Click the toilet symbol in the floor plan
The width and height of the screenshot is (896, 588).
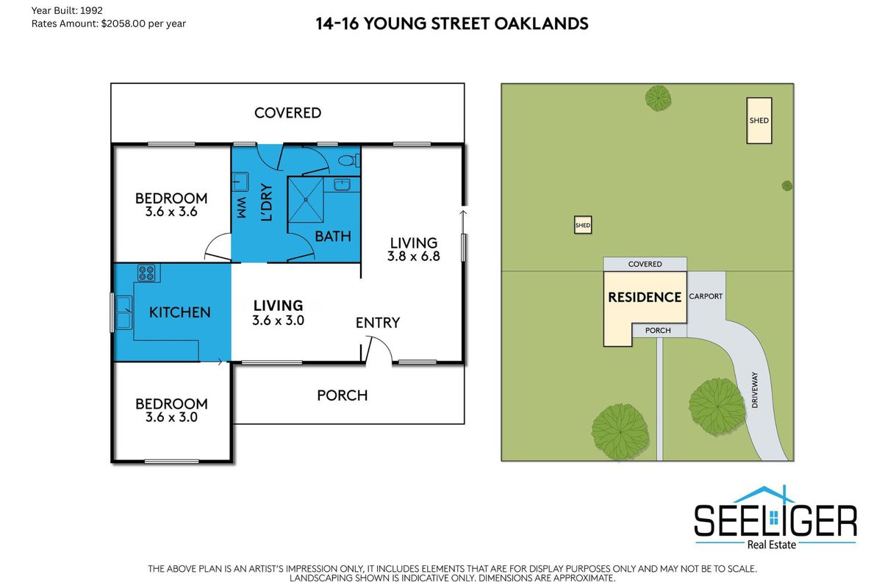tap(349, 161)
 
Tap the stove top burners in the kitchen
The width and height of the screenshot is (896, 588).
tap(146, 273)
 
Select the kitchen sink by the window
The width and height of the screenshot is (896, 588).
tap(123, 312)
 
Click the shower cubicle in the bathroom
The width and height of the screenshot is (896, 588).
tap(306, 200)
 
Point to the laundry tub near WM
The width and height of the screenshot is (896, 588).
tap(240, 182)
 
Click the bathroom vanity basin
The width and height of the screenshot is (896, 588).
tap(342, 184)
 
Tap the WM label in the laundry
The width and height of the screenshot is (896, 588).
tap(242, 208)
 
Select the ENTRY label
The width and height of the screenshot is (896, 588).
tap(378, 323)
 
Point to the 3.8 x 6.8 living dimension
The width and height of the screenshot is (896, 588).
tap(414, 257)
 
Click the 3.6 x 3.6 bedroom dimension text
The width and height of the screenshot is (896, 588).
tap(171, 212)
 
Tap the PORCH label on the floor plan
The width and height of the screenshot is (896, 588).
tap(343, 395)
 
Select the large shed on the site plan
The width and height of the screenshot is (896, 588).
tap(759, 121)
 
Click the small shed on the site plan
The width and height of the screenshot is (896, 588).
tap(583, 225)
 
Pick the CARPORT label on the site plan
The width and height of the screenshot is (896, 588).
tap(706, 296)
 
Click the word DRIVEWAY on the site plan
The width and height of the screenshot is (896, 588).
tap(755, 390)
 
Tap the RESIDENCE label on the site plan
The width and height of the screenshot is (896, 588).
tap(645, 297)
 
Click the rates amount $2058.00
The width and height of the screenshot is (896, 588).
tap(123, 24)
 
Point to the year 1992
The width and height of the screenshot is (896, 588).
tap(91, 10)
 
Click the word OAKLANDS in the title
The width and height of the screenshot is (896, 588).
tap(541, 24)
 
